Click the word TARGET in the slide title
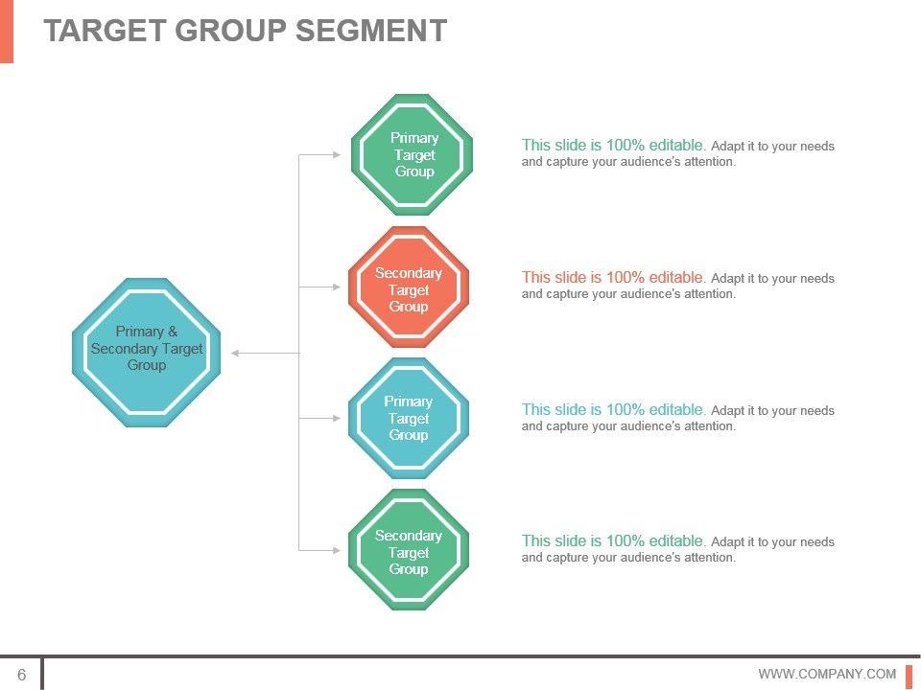(106, 31)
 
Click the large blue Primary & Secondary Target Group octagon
(147, 352)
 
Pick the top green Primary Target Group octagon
(413, 154)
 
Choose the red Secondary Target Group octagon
(409, 287)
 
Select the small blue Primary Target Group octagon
(409, 418)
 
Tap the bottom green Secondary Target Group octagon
(409, 550)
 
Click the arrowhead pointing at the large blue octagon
(236, 354)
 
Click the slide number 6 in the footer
(22, 675)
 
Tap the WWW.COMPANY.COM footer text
(827, 675)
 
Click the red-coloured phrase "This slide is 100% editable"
(613, 277)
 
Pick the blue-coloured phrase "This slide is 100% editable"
(613, 409)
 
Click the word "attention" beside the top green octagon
(705, 162)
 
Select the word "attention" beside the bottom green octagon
(705, 558)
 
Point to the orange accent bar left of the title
(7, 31)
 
